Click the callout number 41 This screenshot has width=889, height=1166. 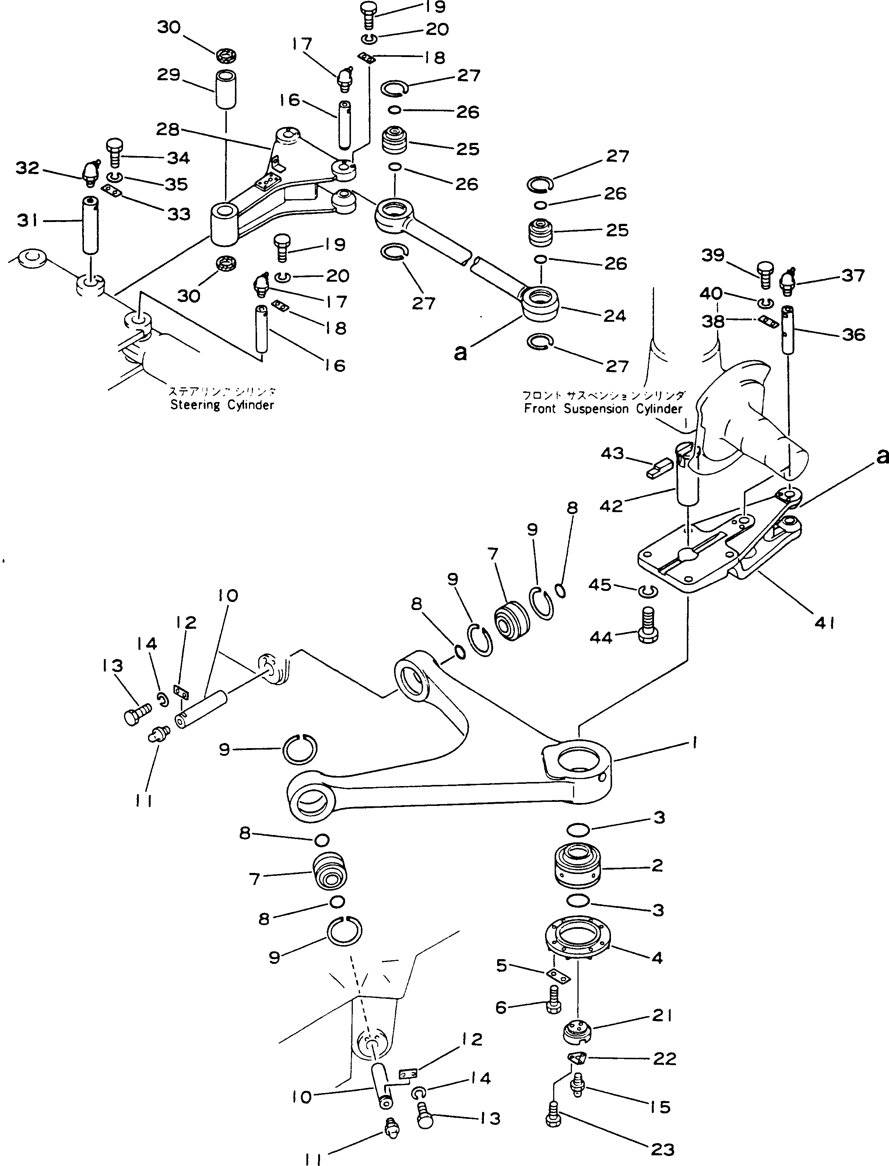click(x=825, y=623)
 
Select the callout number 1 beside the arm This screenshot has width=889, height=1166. click(x=693, y=743)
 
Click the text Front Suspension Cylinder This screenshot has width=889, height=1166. click(x=603, y=409)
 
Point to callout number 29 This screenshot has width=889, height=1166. click(x=169, y=75)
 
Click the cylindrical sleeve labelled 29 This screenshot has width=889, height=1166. click(x=225, y=89)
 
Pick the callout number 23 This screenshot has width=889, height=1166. click(x=662, y=1149)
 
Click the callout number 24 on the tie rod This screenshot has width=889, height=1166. click(x=614, y=316)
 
